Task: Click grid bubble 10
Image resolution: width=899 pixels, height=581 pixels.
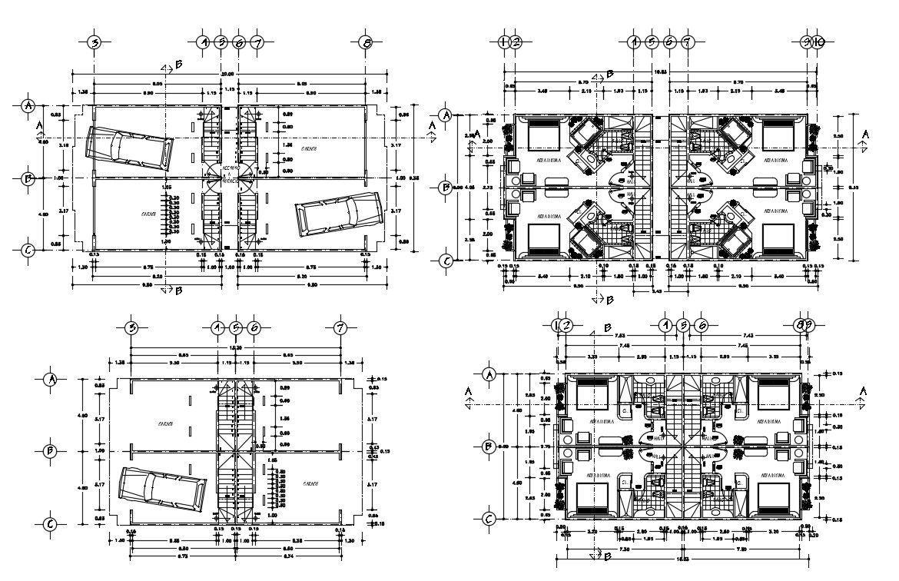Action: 820,42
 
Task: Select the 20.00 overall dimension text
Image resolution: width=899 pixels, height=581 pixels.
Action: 228,74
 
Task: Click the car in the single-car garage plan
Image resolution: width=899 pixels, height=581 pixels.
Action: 162,490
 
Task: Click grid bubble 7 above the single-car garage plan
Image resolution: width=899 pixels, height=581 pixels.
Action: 340,328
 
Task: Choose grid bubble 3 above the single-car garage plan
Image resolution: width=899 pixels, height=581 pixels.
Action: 132,328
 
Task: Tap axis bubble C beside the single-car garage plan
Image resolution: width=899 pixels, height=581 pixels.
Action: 51,524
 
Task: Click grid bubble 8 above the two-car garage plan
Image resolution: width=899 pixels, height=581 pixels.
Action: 367,43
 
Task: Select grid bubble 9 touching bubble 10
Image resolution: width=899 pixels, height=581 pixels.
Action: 808,42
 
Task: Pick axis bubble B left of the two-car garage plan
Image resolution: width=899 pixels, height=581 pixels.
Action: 28,179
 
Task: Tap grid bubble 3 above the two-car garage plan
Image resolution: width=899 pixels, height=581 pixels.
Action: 94,43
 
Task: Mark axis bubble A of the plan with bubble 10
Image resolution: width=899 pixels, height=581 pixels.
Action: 443,116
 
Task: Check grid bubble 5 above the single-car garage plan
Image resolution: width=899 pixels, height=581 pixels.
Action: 236,328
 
